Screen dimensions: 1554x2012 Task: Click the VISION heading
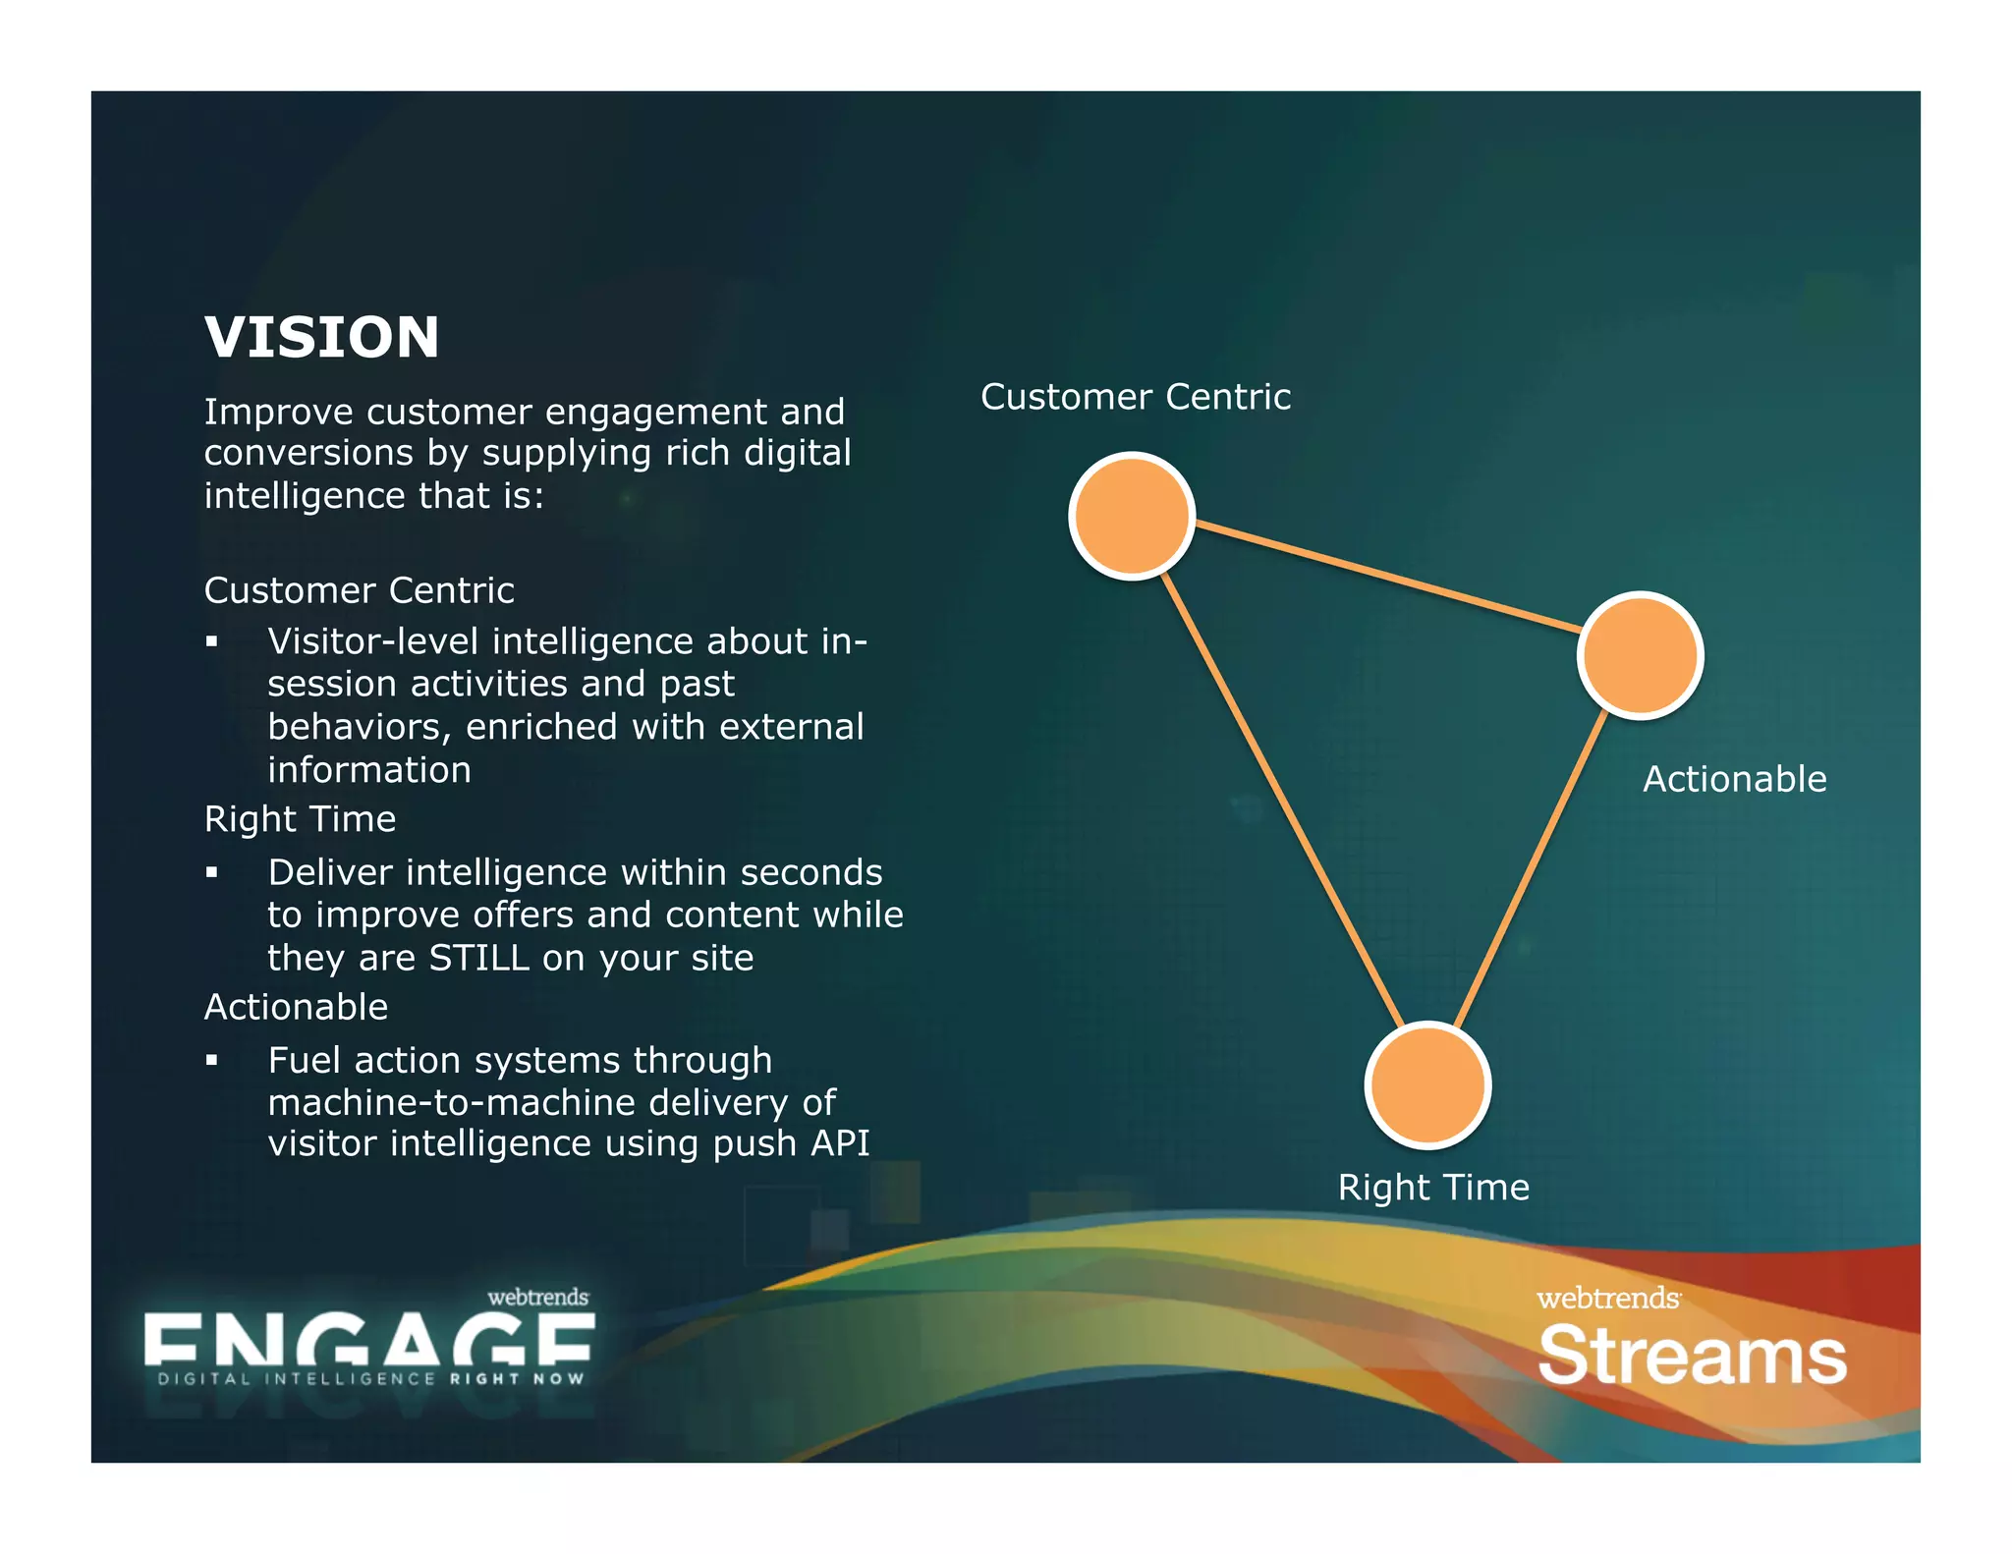pyautogui.click(x=321, y=337)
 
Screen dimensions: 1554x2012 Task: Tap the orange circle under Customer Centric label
pyautogui.click(x=1132, y=516)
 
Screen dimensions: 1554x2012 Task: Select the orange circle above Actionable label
pyautogui.click(x=1640, y=655)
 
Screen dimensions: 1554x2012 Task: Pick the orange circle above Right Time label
pyautogui.click(x=1427, y=1084)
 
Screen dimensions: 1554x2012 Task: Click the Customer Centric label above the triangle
pyautogui.click(x=1135, y=397)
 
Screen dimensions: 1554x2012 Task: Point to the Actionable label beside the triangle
pyautogui.click(x=1734, y=779)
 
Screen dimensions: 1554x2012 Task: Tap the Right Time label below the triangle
pyautogui.click(x=1433, y=1188)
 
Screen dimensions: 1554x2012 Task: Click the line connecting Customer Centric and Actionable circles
pyautogui.click(x=1385, y=577)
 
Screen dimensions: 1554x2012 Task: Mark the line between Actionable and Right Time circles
pyautogui.click(x=1531, y=869)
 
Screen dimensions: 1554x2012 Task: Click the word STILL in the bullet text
pyautogui.click(x=479, y=958)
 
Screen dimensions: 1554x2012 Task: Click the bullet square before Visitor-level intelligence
pyautogui.click(x=211, y=642)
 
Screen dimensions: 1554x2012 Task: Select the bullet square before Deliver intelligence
pyautogui.click(x=211, y=872)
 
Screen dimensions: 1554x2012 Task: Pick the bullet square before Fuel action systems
pyautogui.click(x=211, y=1060)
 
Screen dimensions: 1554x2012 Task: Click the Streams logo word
pyautogui.click(x=1692, y=1357)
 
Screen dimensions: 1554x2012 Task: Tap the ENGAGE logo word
pyautogui.click(x=368, y=1340)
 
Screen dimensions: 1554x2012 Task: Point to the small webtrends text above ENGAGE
pyautogui.click(x=537, y=1297)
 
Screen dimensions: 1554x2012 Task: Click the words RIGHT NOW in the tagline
pyautogui.click(x=517, y=1379)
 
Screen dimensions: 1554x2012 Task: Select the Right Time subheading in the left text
pyautogui.click(x=300, y=819)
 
